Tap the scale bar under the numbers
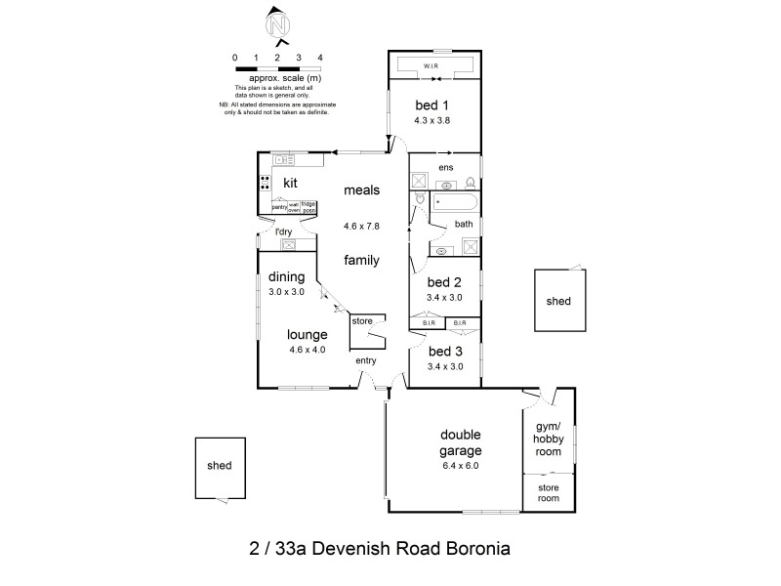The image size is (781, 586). pyautogui.click(x=277, y=68)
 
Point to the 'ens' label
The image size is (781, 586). pyautogui.click(x=445, y=166)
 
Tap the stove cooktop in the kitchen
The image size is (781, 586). pyautogui.click(x=265, y=182)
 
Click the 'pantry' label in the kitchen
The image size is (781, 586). pyautogui.click(x=279, y=206)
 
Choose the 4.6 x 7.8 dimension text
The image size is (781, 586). pyautogui.click(x=361, y=226)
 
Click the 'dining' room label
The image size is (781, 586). pyautogui.click(x=286, y=276)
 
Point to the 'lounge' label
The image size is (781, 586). pyautogui.click(x=307, y=334)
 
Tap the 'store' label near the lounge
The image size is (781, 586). pyautogui.click(x=363, y=319)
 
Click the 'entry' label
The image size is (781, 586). pyautogui.click(x=366, y=360)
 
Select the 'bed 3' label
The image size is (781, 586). pyautogui.click(x=444, y=351)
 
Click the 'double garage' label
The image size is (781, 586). pyautogui.click(x=460, y=442)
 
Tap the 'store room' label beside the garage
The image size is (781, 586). pyautogui.click(x=549, y=492)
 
